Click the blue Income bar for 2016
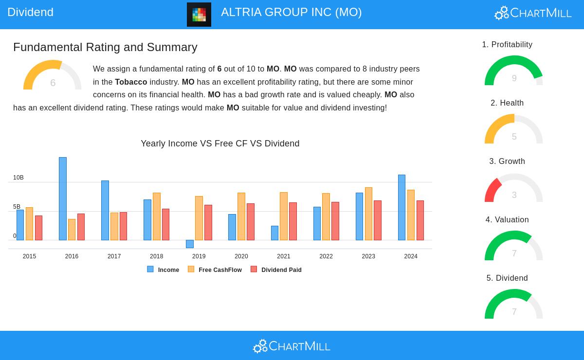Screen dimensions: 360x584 point(63,198)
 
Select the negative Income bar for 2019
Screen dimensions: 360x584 point(190,244)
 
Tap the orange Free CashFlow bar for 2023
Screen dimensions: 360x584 point(368,214)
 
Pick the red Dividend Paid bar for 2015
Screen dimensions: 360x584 point(38,228)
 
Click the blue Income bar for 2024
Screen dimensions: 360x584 point(401,207)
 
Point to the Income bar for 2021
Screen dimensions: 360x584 point(274,233)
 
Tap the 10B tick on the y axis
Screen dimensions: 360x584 point(18,178)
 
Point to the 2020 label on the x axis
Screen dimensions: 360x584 point(241,256)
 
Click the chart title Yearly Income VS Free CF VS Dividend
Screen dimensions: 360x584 point(220,144)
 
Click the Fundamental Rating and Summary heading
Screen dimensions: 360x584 point(105,47)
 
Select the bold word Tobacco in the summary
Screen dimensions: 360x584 point(131,82)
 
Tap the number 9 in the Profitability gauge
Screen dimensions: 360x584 point(514,78)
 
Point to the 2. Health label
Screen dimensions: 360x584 point(507,103)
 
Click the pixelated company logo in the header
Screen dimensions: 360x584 point(199,15)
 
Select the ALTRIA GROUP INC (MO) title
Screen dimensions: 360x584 point(291,12)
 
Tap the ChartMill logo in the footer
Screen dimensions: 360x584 point(292,346)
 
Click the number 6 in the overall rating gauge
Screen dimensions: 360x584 point(53,83)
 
